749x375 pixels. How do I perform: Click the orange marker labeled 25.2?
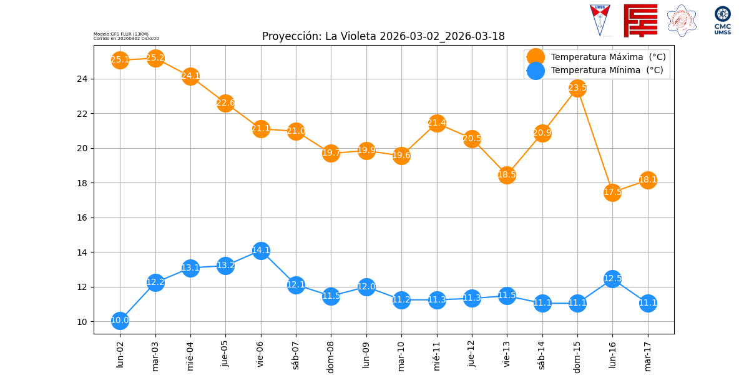155,58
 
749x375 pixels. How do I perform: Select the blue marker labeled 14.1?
261,251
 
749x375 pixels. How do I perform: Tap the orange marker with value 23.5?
577,88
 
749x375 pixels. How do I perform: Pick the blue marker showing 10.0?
120,321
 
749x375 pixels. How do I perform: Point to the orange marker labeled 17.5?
612,192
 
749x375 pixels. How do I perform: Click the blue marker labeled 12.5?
612,279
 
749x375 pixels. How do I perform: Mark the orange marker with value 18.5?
507,175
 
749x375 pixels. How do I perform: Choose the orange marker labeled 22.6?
225,103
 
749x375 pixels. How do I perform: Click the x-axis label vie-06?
261,353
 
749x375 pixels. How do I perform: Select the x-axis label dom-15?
577,355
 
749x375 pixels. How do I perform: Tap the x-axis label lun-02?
120,354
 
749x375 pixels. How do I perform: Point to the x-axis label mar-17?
648,355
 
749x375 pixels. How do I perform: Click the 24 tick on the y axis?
82,79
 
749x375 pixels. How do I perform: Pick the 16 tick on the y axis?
82,218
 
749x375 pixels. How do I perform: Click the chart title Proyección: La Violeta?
383,36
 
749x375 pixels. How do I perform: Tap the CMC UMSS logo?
723,20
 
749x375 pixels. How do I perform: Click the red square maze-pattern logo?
640,20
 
